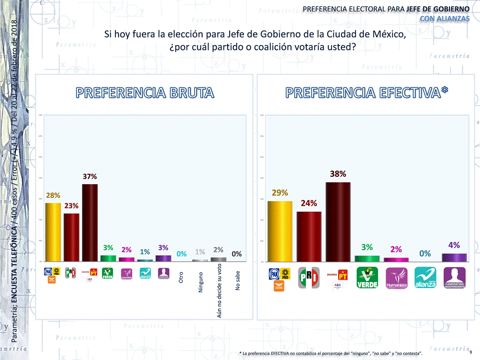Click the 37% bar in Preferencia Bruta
click(x=90, y=222)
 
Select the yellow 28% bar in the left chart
click(x=53, y=232)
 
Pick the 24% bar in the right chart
click(x=309, y=236)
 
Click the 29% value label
click(x=280, y=192)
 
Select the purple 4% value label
click(x=454, y=245)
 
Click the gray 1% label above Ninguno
click(x=200, y=252)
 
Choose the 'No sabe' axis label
click(x=238, y=280)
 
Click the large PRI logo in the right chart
click(x=309, y=278)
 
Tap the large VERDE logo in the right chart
click(x=367, y=278)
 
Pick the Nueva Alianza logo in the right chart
click(x=425, y=278)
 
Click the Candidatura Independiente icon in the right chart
click(x=454, y=278)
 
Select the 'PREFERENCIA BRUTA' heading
click(x=145, y=92)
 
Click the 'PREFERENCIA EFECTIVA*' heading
click(x=367, y=92)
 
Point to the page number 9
click(x=471, y=353)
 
